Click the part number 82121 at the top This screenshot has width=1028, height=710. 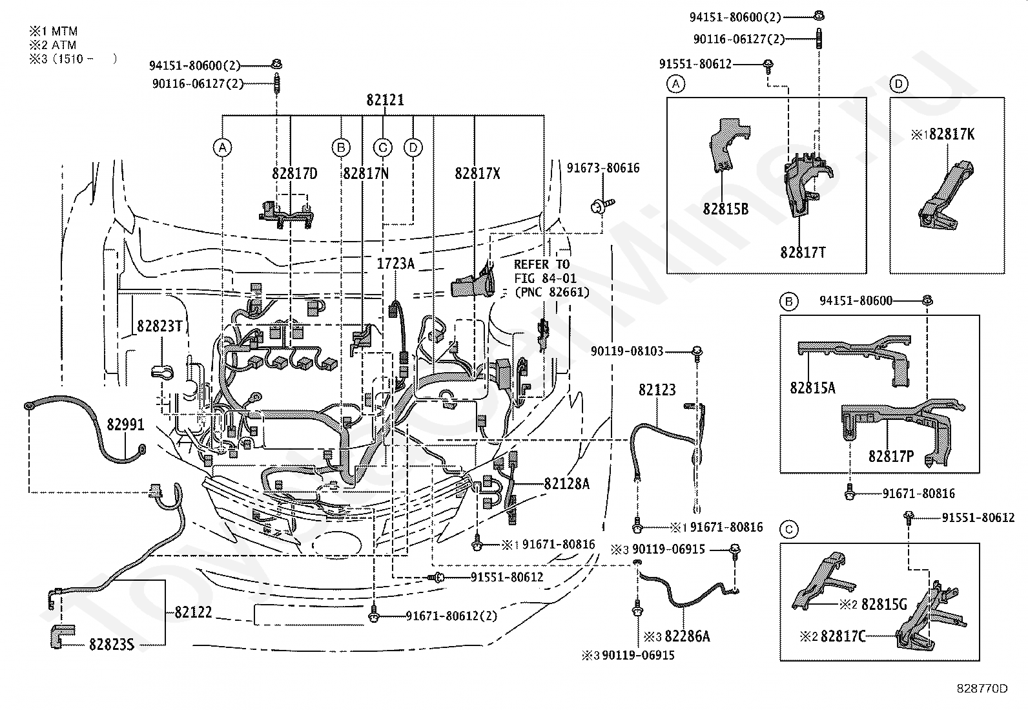point(385,99)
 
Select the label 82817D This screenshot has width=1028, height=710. point(294,173)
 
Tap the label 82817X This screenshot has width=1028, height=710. point(477,173)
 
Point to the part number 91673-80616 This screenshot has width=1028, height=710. point(603,167)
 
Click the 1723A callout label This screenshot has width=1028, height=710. point(396,263)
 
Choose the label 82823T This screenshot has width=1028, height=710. point(159,326)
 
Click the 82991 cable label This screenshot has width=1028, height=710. point(126,424)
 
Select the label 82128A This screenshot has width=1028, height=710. point(567,484)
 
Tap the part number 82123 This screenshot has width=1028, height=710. point(657,390)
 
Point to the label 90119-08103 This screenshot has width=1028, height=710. point(627,351)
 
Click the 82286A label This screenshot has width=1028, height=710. point(687,636)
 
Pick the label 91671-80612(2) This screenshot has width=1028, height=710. point(451,616)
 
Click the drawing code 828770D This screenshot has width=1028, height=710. point(982,688)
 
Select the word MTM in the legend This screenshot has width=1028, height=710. point(65,31)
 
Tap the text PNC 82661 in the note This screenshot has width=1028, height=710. point(552,292)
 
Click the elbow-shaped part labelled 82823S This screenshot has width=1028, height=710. point(62,636)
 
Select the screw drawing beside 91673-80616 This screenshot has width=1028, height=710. point(602,205)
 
